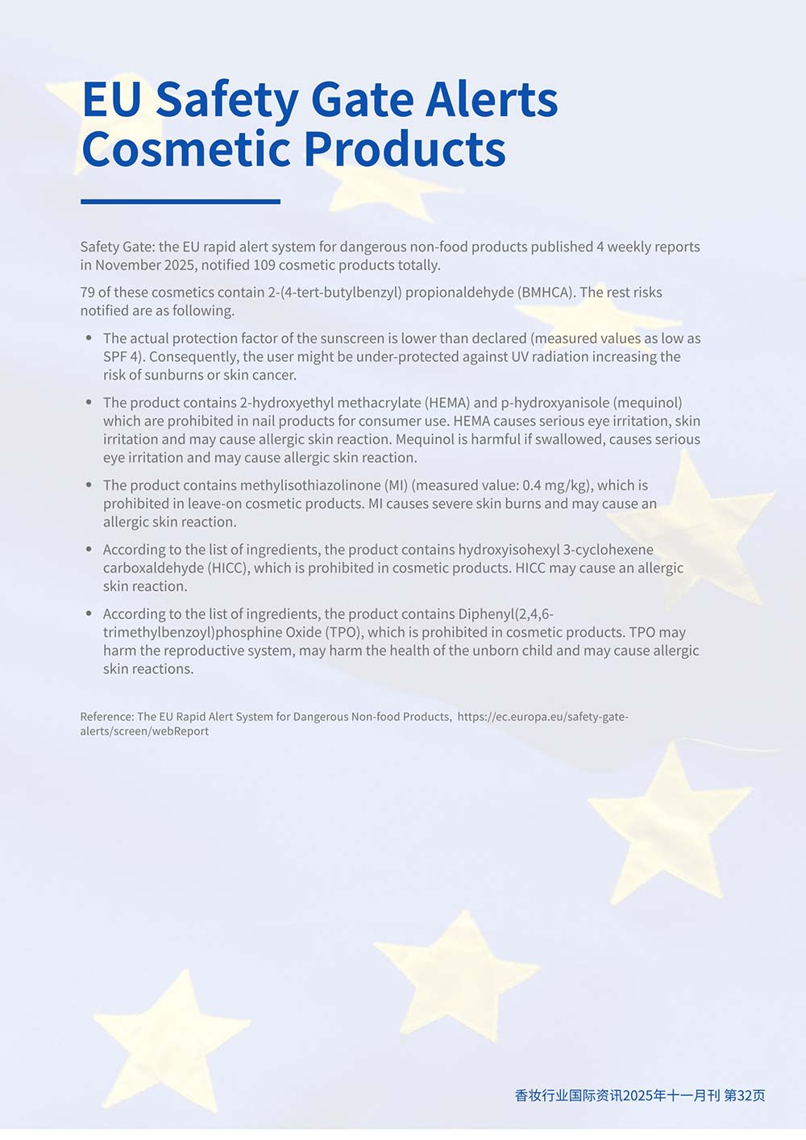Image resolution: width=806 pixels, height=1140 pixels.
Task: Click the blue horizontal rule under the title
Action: coord(181,202)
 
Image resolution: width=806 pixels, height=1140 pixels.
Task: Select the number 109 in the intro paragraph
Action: coord(264,265)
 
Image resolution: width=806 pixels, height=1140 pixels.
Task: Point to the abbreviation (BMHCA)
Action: coord(546,292)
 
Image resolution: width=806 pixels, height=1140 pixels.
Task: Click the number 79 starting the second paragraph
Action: coord(88,292)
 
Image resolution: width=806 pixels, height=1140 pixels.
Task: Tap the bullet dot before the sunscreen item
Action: coord(89,338)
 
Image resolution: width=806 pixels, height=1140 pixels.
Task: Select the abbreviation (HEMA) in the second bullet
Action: coord(446,402)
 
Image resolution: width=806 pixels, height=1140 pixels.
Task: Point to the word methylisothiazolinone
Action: coord(310,485)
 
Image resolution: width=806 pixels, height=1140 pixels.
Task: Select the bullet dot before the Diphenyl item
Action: coord(89,614)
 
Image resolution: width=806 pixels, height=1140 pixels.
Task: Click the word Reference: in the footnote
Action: coord(106,717)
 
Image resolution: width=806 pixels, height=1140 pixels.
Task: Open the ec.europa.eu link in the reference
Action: coord(542,717)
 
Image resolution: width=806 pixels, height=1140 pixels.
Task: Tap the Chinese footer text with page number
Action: coord(640,1096)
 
